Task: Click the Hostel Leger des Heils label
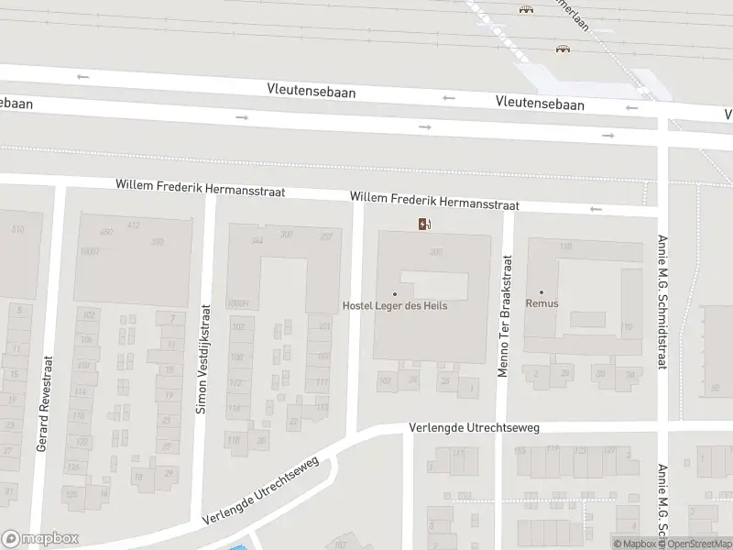395,305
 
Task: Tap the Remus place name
542,303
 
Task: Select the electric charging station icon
425,224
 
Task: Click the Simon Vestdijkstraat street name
202,358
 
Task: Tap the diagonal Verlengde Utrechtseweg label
262,490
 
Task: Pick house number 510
17,229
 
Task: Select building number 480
106,232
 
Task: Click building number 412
134,225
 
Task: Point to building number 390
157,242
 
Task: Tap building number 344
257,240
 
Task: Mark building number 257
325,236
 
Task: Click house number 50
715,389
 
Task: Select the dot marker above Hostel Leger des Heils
395,293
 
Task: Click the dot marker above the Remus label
541,292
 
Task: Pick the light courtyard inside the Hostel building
433,285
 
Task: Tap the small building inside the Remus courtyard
588,319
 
